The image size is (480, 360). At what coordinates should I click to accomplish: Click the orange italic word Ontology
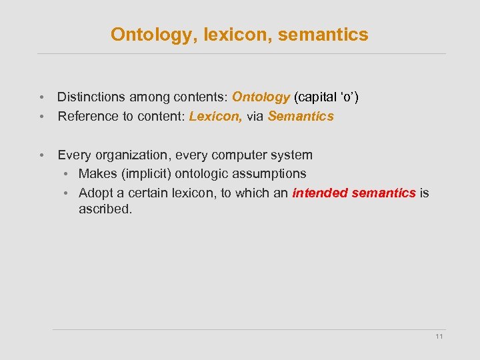tap(261, 97)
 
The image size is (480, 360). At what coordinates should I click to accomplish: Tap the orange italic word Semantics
tap(301, 117)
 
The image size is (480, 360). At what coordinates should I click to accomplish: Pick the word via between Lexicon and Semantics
tap(255, 117)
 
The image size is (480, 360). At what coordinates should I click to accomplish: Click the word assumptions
tap(268, 174)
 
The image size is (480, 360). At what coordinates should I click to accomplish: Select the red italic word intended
tap(319, 193)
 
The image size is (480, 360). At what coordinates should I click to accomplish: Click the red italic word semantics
tap(383, 193)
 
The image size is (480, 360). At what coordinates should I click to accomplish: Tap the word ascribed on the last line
tap(105, 209)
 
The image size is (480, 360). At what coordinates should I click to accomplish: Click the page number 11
tap(439, 337)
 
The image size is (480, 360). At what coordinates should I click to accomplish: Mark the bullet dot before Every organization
tap(42, 155)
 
